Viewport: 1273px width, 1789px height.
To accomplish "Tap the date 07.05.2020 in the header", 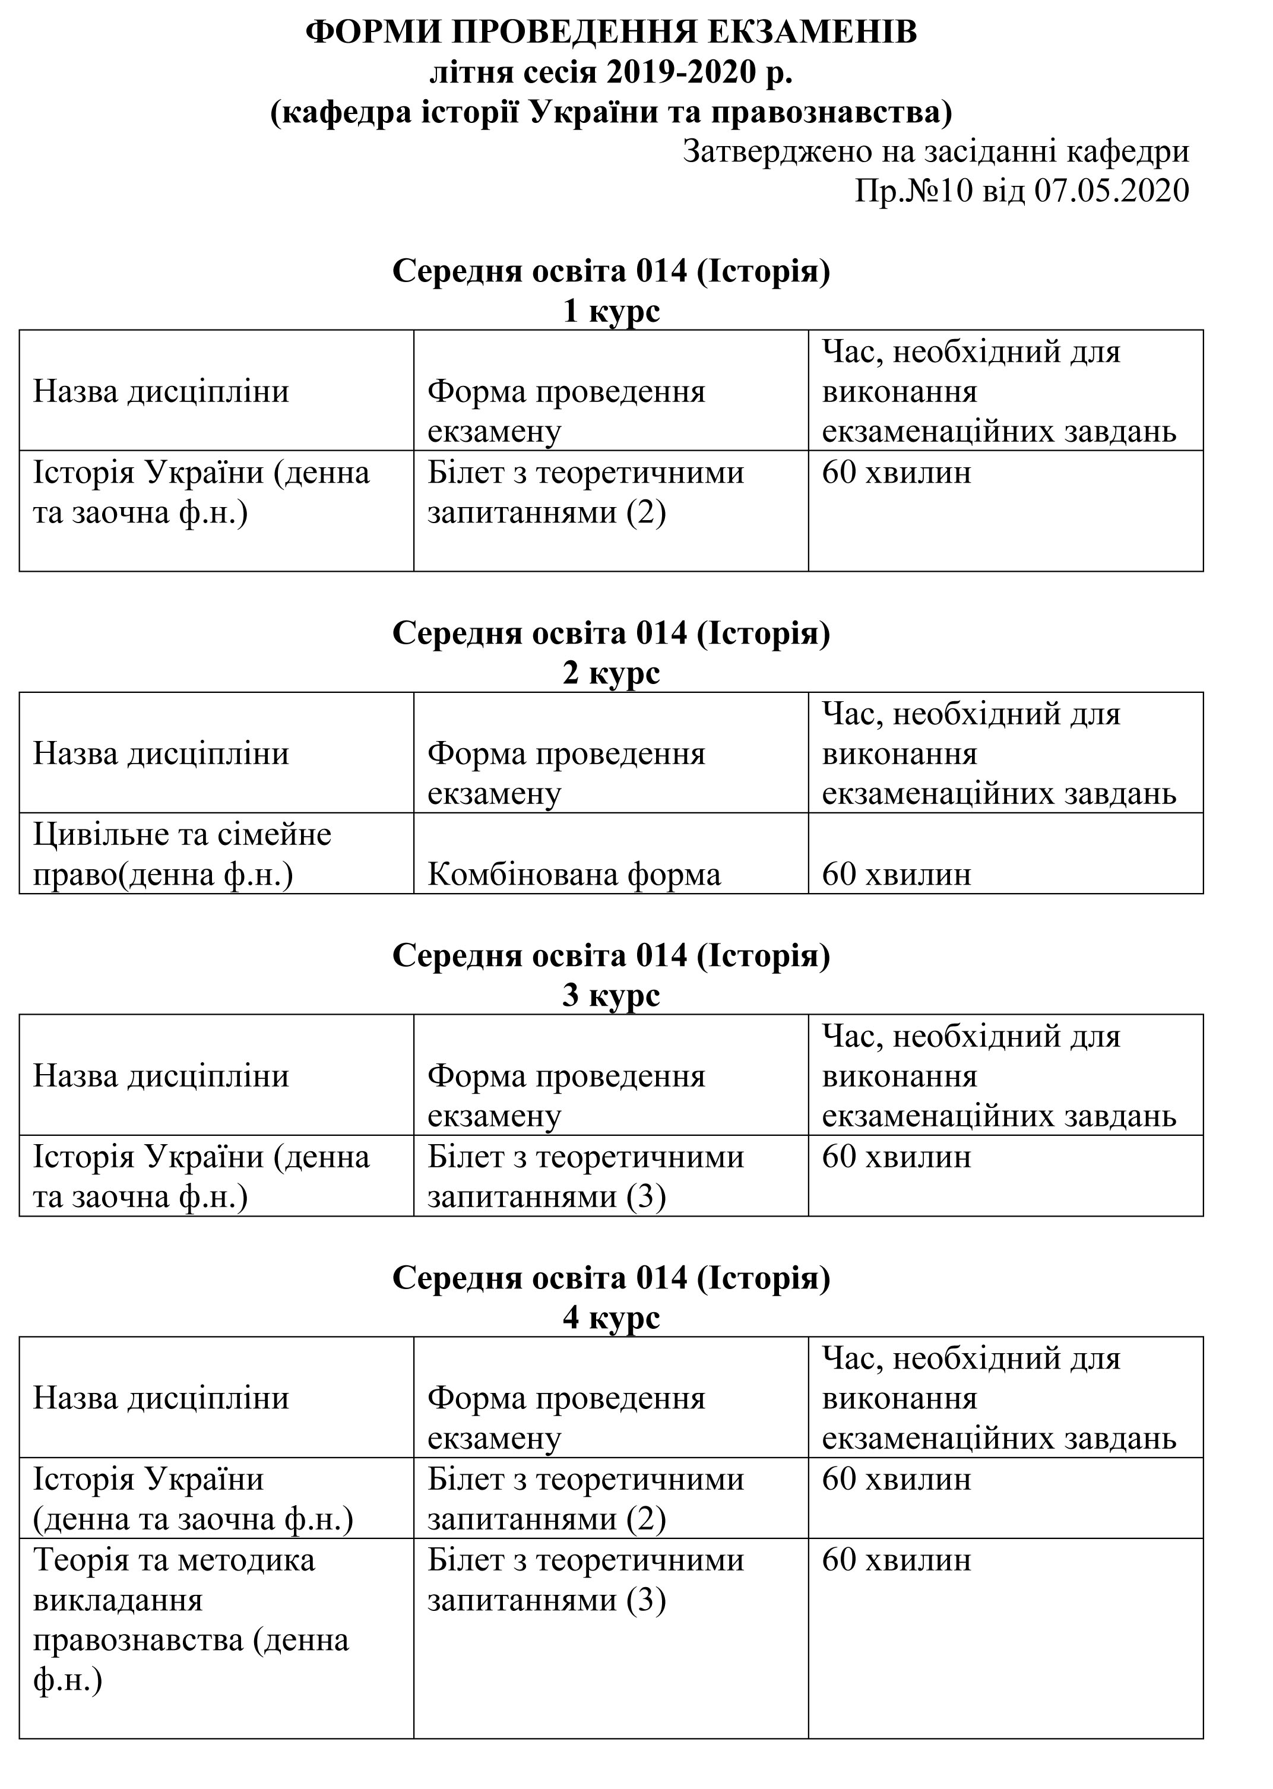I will (x=1111, y=191).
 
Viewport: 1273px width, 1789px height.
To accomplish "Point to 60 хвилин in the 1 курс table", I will (x=896, y=473).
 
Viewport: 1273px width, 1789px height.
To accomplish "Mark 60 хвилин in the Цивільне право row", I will (x=896, y=874).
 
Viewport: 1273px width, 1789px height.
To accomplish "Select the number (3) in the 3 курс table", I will (x=646, y=1197).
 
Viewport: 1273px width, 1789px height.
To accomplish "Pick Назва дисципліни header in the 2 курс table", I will (x=161, y=753).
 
